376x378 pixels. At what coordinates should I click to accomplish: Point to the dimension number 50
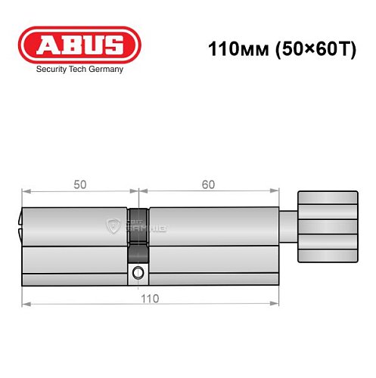click(x=79, y=184)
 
